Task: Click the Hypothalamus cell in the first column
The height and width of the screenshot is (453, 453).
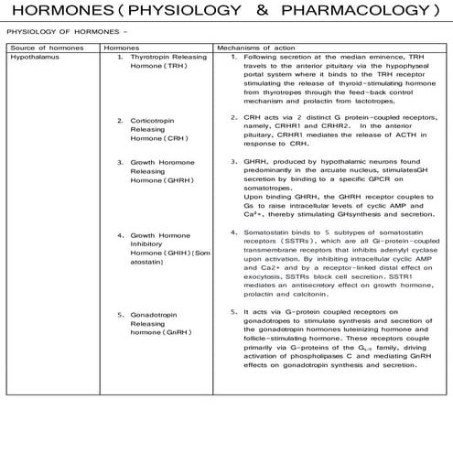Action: point(30,57)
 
